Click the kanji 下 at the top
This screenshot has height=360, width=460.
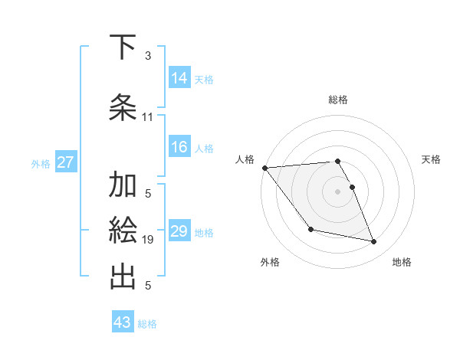tap(123, 47)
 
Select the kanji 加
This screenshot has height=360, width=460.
tap(123, 186)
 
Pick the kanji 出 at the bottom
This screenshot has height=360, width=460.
tap(123, 275)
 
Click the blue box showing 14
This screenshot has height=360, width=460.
tap(179, 78)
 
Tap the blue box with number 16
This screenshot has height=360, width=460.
tap(179, 148)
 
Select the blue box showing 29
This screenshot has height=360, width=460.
tap(179, 231)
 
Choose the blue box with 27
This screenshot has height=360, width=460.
tap(66, 162)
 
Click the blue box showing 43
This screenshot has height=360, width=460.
tap(122, 322)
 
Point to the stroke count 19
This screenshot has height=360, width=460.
tap(149, 240)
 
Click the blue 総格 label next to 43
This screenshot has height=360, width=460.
tap(147, 324)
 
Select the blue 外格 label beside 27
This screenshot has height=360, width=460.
tap(41, 163)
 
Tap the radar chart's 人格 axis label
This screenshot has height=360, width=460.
tap(245, 159)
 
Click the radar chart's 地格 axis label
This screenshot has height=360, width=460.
tap(402, 262)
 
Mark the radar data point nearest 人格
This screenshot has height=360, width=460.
tap(265, 168)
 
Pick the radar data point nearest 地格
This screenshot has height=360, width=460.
tap(374, 242)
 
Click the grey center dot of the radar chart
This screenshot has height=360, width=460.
tap(337, 191)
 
